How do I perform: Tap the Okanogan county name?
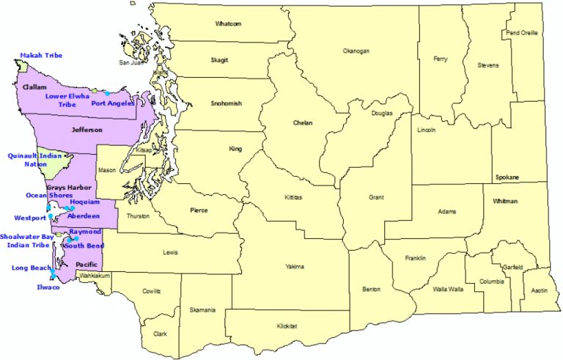point(356,51)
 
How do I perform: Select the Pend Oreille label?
point(522,33)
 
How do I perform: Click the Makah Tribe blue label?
point(41,56)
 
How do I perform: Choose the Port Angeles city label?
point(112,103)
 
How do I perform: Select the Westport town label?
point(29,218)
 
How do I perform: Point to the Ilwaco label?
point(48,287)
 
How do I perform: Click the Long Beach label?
point(30,268)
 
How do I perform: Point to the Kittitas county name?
point(297,198)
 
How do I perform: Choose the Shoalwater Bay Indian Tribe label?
point(27,241)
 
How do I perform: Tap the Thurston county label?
point(139,216)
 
